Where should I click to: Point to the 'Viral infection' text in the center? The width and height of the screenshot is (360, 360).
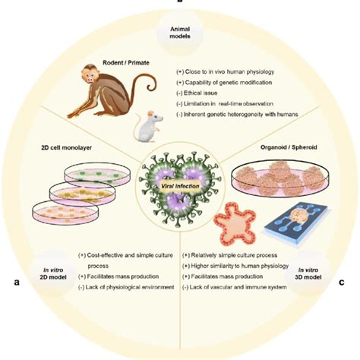[x=180, y=176]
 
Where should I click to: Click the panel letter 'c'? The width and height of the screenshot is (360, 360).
[x=342, y=283]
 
